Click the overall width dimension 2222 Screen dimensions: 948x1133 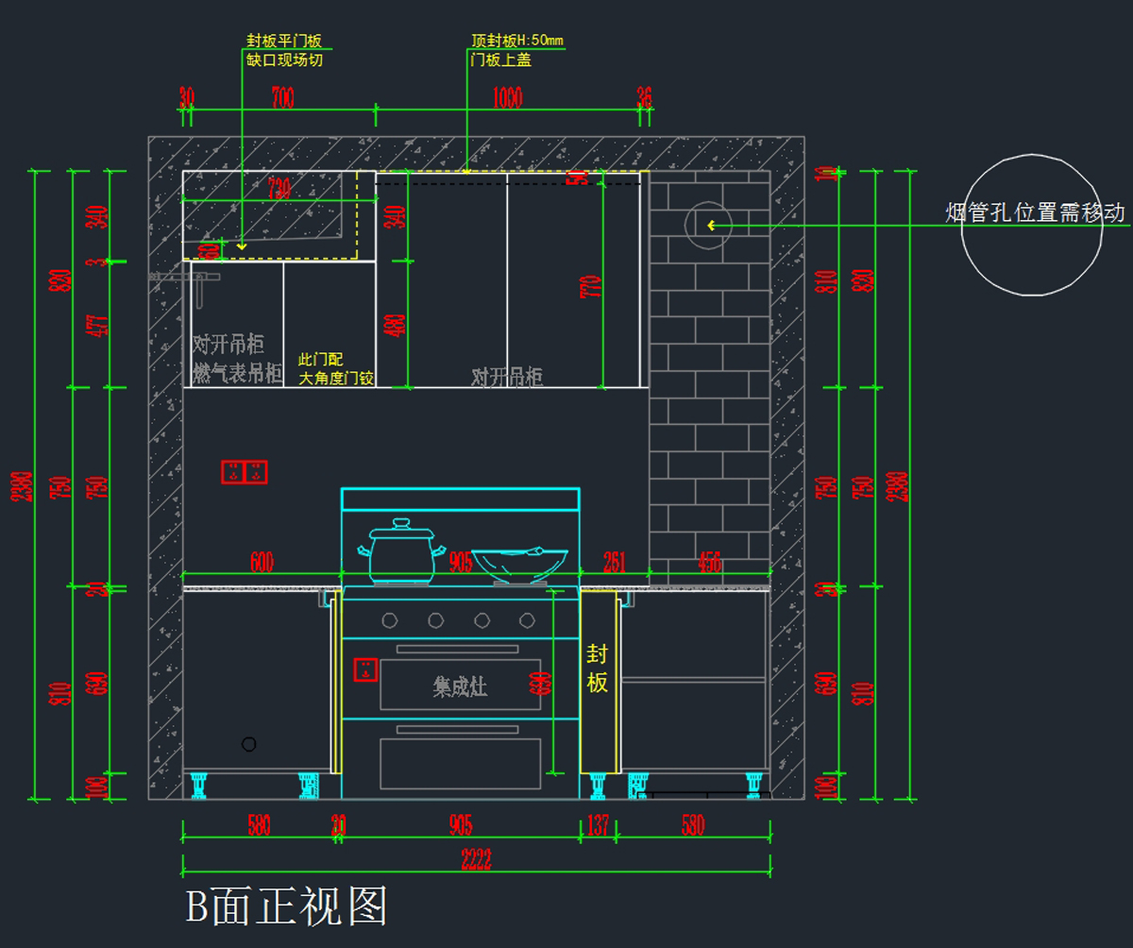476,859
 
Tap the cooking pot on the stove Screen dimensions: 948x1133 401,551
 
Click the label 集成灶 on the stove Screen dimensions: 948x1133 460,686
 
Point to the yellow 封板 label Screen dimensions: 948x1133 598,668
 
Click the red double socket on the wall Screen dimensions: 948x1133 245,472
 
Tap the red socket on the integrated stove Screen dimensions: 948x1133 364,670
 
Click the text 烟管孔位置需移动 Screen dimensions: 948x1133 1035,212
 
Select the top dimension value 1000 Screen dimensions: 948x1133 507,98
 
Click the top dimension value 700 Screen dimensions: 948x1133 282,98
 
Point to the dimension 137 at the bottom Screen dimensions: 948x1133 599,825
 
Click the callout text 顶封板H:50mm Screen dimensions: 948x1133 517,41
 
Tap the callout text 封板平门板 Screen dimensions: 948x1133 284,41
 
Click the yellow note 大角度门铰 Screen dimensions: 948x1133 337,379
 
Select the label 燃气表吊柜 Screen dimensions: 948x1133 238,373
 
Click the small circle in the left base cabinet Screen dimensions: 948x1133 248,744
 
